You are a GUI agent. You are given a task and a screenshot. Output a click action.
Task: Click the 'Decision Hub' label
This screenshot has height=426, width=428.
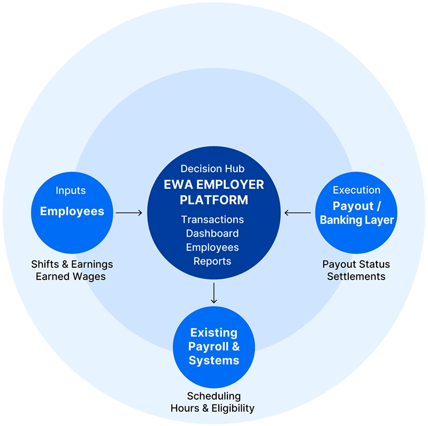click(x=212, y=169)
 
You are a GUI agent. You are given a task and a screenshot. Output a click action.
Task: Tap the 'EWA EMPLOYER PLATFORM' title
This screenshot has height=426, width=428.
click(x=214, y=192)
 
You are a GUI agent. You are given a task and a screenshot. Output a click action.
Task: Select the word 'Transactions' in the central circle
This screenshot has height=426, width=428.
click(x=212, y=220)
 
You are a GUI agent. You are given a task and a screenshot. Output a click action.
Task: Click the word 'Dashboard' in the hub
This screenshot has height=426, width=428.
click(x=212, y=234)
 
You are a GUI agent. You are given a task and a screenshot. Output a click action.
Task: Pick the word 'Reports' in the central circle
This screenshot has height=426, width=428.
click(x=212, y=261)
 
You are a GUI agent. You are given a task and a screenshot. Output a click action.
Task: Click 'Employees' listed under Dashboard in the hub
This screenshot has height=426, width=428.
click(x=212, y=247)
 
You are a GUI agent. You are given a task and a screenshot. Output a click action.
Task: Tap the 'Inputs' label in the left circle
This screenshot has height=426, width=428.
click(x=71, y=191)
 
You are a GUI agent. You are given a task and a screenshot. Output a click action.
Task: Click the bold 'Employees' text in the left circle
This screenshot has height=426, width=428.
click(x=72, y=211)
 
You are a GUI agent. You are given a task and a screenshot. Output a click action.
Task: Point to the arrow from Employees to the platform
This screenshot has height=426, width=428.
click(x=129, y=213)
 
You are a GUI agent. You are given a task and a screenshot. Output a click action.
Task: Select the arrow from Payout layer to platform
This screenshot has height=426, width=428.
click(x=297, y=213)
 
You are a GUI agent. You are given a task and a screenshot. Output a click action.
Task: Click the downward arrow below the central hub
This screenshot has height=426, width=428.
click(x=214, y=293)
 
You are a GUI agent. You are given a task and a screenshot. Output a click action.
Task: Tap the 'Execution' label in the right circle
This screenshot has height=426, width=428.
click(x=356, y=190)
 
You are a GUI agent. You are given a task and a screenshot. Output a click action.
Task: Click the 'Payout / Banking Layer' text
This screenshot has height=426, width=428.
click(x=356, y=213)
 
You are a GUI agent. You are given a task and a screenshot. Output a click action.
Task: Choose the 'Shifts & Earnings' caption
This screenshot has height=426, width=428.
click(x=72, y=264)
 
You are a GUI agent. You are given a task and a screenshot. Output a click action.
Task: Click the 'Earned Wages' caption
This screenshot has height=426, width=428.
click(x=71, y=276)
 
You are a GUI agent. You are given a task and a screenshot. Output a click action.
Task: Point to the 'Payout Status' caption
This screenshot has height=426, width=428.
click(x=356, y=264)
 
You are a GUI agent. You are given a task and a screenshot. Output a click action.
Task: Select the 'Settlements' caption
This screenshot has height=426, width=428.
click(x=356, y=276)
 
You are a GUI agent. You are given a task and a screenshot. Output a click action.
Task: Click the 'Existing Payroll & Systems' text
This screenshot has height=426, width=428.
click(x=214, y=346)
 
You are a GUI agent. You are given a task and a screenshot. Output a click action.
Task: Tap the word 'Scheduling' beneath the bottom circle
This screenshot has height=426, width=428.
click(x=213, y=396)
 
